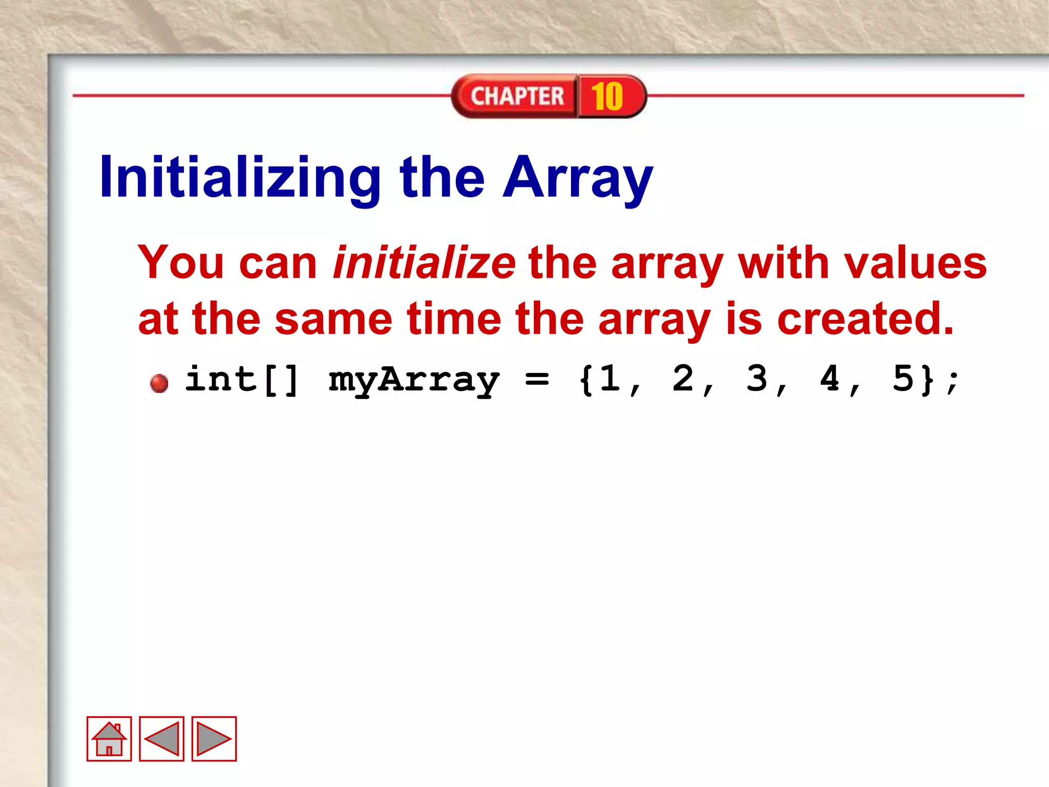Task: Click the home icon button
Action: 109,739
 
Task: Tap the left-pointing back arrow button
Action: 162,739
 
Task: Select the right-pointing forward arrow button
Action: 214,739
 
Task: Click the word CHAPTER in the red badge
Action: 517,96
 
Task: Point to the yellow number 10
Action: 607,96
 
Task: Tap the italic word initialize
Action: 424,263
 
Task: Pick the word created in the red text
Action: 866,319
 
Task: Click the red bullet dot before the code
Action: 159,383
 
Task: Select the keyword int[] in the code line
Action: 242,380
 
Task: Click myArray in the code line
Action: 414,380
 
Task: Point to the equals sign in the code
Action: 537,380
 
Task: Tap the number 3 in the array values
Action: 757,379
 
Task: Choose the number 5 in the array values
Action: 903,379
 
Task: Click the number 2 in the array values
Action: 683,379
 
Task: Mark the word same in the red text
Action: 333,319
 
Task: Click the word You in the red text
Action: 181,263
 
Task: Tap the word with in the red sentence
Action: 783,263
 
